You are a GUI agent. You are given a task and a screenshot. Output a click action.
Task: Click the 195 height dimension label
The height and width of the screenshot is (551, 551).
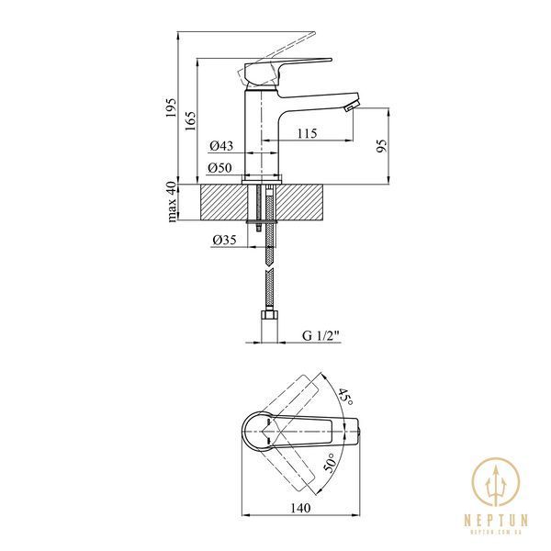(171, 107)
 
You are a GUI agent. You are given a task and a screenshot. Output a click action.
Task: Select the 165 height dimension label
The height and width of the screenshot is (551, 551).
(191, 121)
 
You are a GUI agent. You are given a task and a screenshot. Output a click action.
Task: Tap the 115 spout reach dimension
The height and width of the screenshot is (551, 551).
(307, 133)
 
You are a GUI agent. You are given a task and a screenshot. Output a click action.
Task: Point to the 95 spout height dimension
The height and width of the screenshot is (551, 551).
(381, 146)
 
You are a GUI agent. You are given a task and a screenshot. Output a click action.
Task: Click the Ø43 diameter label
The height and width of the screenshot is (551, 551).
(221, 145)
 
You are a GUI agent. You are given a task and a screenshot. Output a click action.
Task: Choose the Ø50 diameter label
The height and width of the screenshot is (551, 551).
(219, 168)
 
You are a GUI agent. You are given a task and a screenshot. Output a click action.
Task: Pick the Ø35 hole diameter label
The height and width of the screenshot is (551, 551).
(225, 240)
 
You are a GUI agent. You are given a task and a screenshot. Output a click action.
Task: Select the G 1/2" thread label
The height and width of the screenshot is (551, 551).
(321, 335)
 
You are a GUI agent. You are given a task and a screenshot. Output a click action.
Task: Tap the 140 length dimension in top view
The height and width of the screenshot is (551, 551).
(301, 508)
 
